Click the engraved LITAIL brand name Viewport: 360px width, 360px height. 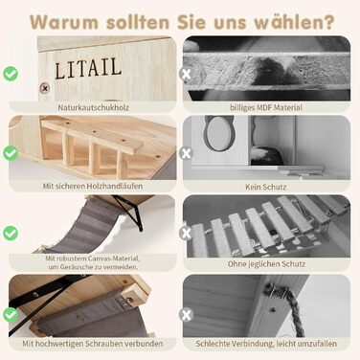tap(88, 68)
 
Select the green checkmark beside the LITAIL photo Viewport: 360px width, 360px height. tap(11, 74)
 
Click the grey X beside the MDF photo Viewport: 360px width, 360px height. tap(186, 74)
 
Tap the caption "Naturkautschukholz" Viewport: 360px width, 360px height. tap(93, 107)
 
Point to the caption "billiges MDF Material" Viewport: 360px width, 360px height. tap(266, 107)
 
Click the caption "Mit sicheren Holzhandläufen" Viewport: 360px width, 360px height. tap(93, 186)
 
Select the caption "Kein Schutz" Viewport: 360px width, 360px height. tap(266, 187)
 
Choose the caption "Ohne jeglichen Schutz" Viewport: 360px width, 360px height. tap(266, 264)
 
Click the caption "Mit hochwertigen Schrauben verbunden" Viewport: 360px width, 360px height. tap(93, 344)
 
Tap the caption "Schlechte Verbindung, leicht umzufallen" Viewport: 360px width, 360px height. tap(266, 344)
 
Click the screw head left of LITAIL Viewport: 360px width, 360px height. tap(45, 88)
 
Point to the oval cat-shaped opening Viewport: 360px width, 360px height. tap(220, 132)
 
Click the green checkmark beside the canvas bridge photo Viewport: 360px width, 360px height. tap(11, 233)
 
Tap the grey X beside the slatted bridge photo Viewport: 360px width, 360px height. tap(186, 233)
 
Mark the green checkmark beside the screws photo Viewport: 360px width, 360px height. tap(11, 315)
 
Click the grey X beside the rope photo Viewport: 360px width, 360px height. tap(186, 315)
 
